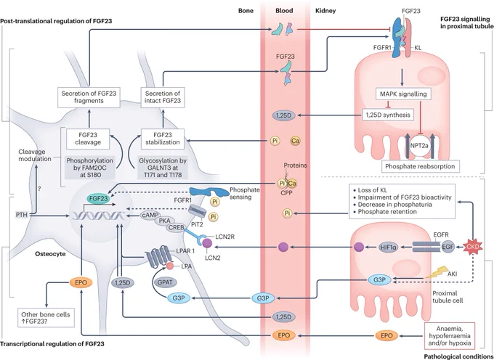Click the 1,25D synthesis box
[x=388, y=115]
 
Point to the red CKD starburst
[x=474, y=247]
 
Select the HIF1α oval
[x=389, y=247]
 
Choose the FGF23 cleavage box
[x=88, y=139]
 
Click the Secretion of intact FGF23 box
[x=163, y=97]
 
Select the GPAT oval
[x=165, y=282]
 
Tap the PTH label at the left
[x=21, y=216]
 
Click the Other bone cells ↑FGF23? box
[x=46, y=318]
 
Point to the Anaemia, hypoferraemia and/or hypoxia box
[x=450, y=336]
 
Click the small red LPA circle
[x=170, y=266]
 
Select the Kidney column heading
[x=325, y=11]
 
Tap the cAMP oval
[x=150, y=216]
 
